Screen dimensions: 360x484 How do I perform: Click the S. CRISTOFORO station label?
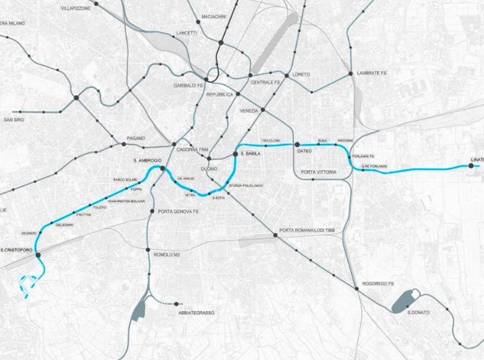coord(17,250)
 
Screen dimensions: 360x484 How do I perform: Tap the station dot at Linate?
coord(470,166)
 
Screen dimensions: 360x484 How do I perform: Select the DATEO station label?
coord(304,152)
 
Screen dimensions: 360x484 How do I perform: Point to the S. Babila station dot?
coord(235,154)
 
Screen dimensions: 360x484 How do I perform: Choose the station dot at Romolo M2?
coord(150,254)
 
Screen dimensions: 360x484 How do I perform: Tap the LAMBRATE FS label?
coord(371,74)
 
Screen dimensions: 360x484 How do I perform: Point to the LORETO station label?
coord(301,75)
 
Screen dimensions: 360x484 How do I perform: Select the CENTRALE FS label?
coord(265,83)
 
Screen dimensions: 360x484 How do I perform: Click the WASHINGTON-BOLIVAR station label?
coord(126,202)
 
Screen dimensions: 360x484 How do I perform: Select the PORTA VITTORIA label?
coord(319,172)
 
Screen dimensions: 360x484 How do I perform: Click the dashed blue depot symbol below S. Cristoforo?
coord(28,283)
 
